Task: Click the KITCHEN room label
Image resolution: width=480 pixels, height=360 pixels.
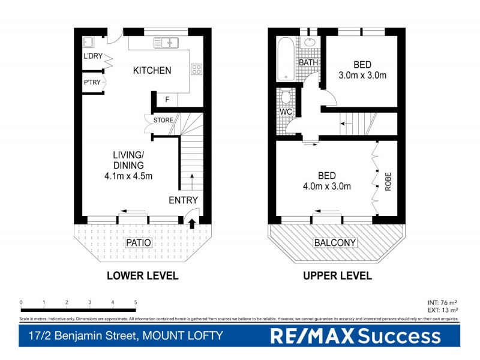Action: [152, 70]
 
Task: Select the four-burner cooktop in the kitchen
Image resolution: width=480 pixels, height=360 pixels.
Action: [196, 69]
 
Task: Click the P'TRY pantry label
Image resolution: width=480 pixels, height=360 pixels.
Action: [92, 82]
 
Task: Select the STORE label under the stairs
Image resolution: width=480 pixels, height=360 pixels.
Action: [163, 120]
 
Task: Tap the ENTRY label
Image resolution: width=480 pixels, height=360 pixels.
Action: [183, 200]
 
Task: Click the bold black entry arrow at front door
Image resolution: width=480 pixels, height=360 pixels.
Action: [192, 224]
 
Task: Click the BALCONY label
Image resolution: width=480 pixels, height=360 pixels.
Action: [335, 243]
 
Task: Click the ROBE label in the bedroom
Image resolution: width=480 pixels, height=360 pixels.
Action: [388, 181]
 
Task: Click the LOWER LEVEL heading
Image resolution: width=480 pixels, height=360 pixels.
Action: [142, 276]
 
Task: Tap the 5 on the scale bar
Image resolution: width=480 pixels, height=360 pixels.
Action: [136, 302]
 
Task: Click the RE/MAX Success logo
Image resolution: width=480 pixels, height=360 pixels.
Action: [356, 337]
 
